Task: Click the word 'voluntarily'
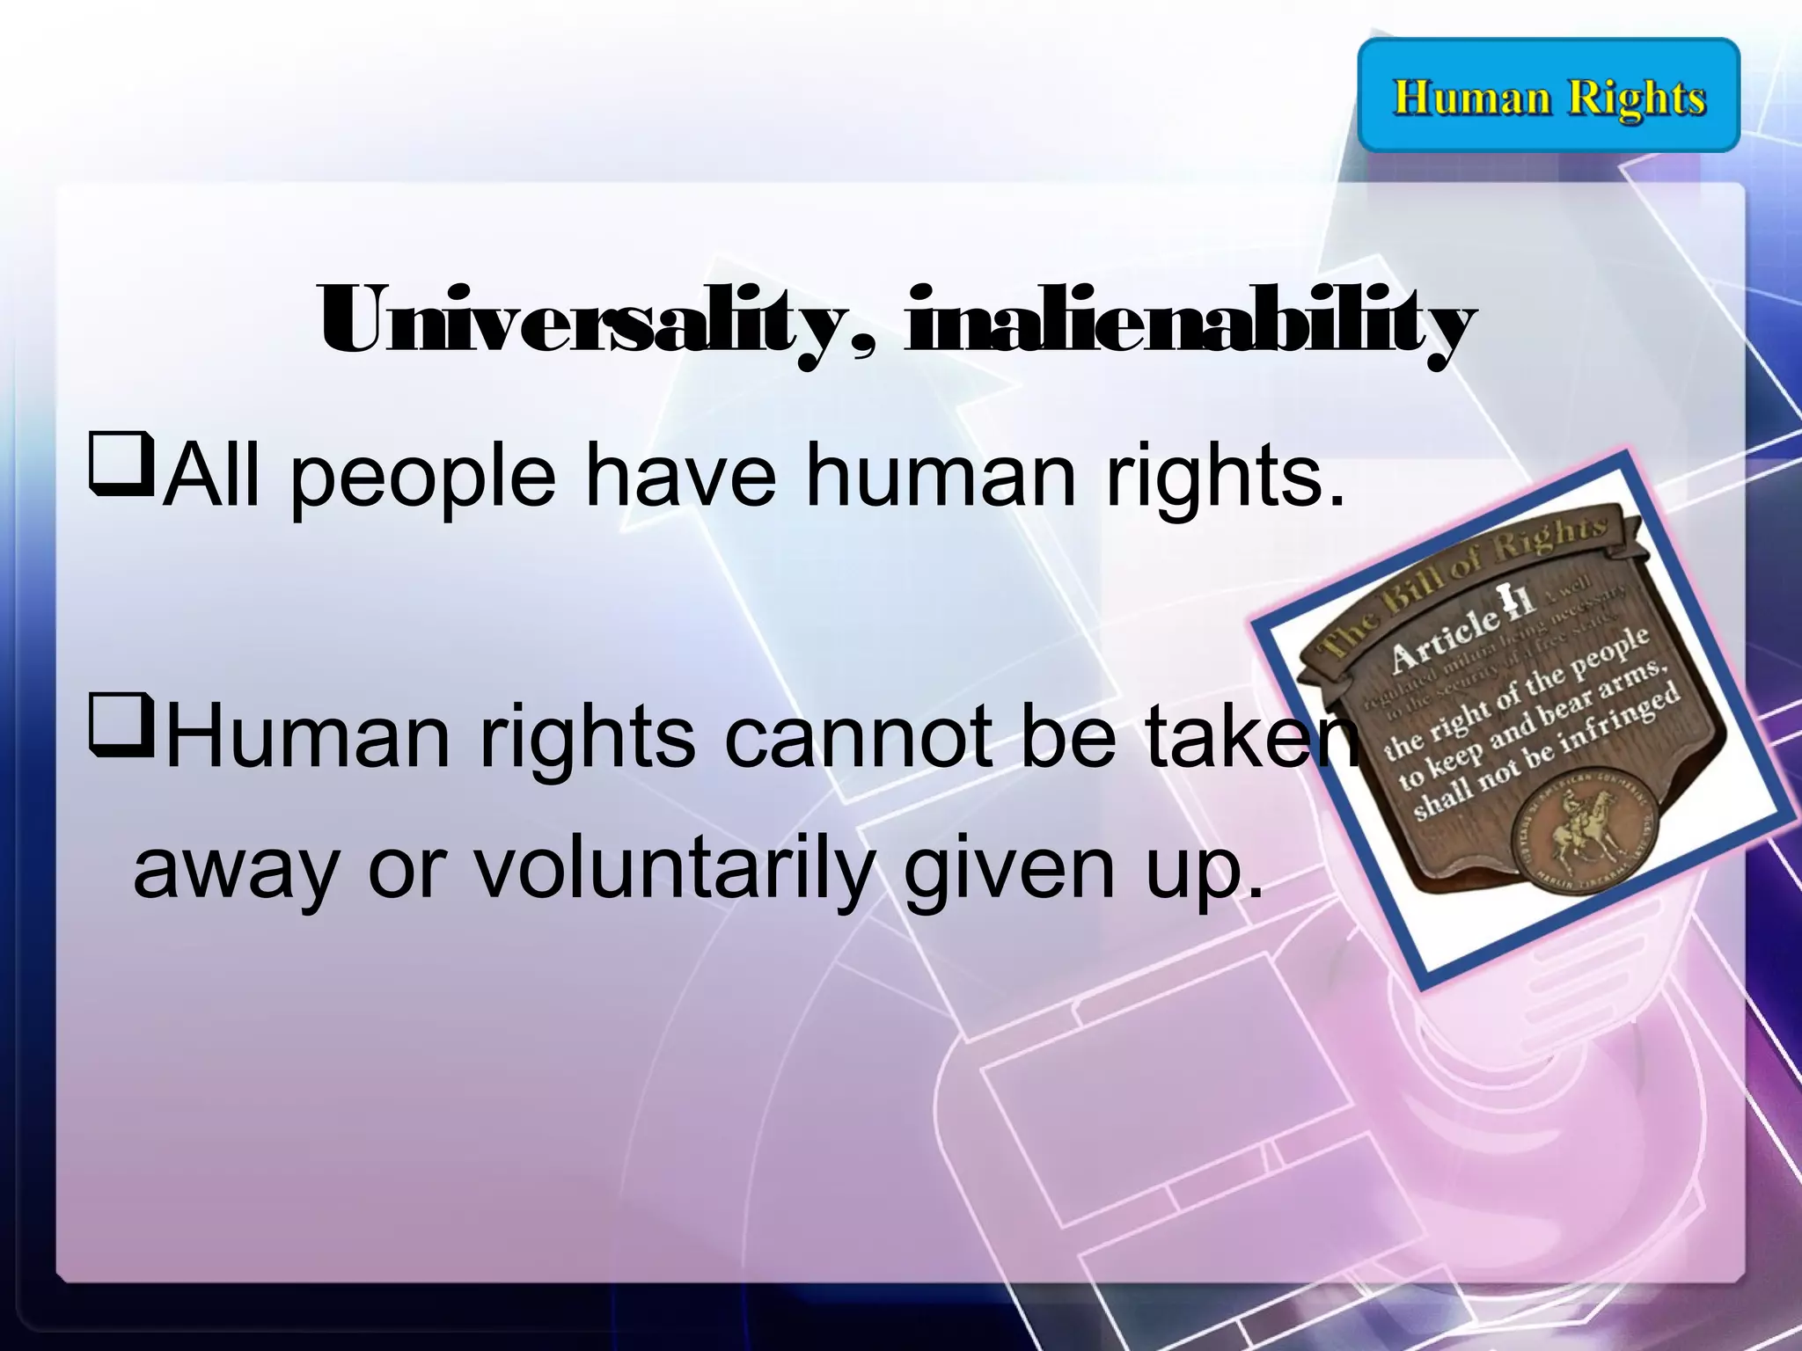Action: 673,870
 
